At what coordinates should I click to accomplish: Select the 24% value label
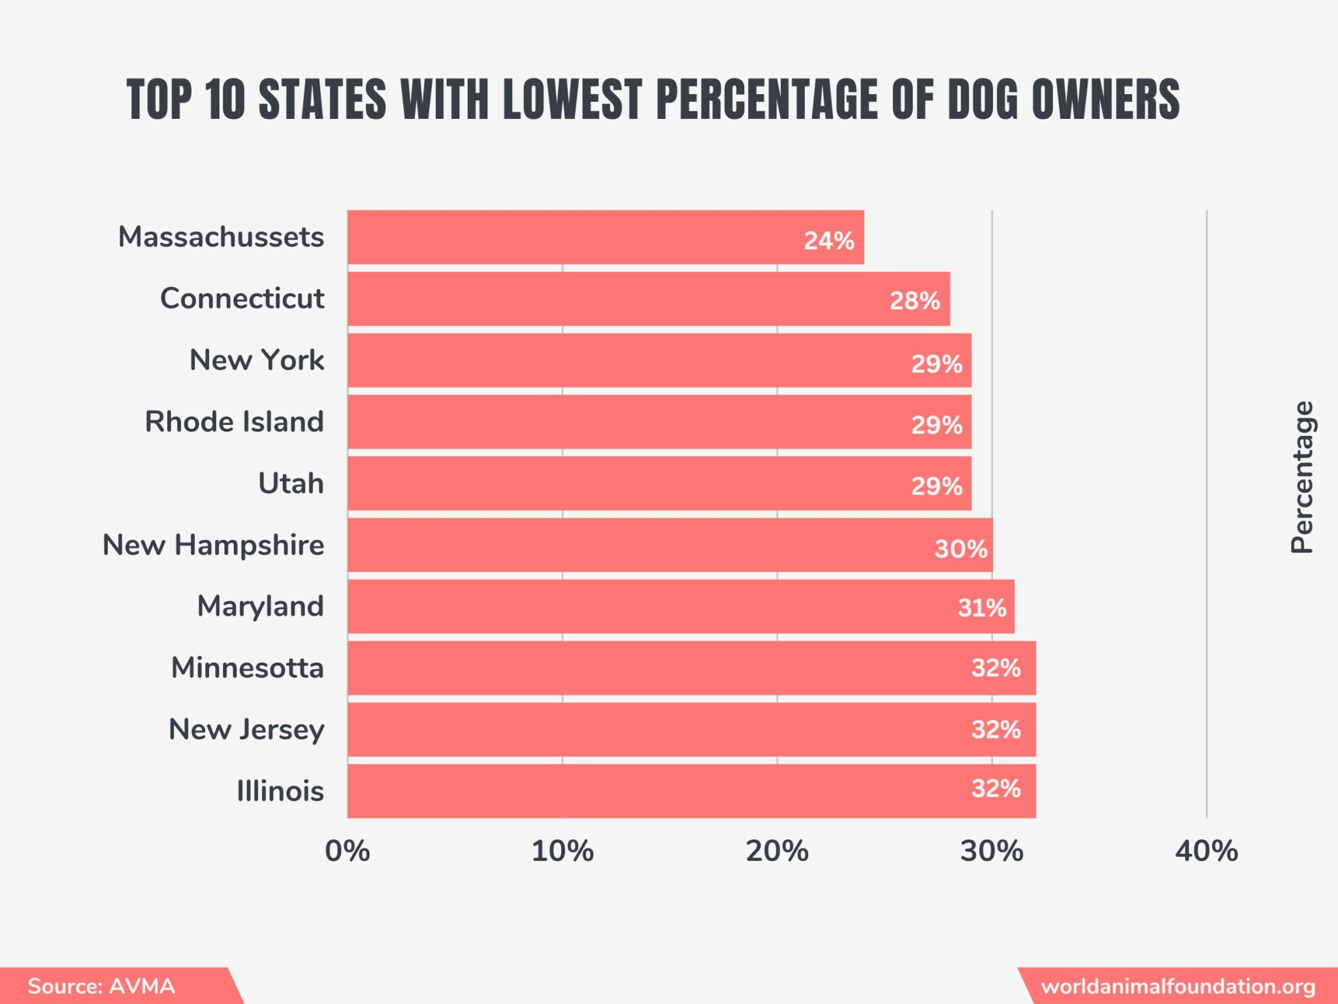click(828, 241)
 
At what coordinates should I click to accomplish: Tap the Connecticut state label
click(242, 298)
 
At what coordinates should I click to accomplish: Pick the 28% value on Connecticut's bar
click(914, 301)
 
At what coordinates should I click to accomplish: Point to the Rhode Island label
click(234, 422)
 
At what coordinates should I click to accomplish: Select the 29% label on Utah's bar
click(936, 486)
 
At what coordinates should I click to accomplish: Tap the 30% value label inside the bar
click(960, 548)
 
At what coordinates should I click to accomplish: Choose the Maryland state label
click(260, 606)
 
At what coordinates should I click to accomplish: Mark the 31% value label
click(981, 608)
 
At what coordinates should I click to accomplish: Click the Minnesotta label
click(247, 668)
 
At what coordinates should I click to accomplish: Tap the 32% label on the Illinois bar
click(996, 788)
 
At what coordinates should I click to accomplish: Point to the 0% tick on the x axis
click(347, 851)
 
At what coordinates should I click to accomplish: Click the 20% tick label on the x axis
click(777, 851)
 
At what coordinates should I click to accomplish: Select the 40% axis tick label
click(1206, 851)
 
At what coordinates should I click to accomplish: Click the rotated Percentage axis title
click(1301, 477)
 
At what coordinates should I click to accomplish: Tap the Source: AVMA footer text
click(101, 986)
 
